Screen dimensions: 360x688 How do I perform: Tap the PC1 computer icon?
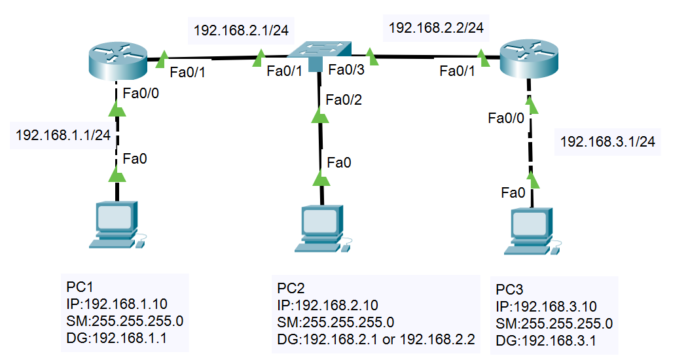click(x=117, y=225)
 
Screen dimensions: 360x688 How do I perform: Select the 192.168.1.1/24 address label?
click(x=63, y=135)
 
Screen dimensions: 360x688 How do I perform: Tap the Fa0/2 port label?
click(x=344, y=100)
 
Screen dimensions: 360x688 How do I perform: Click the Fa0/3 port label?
click(x=346, y=70)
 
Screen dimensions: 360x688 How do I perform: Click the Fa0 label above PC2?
click(x=340, y=162)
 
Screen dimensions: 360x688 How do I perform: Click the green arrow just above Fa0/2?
click(x=320, y=116)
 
